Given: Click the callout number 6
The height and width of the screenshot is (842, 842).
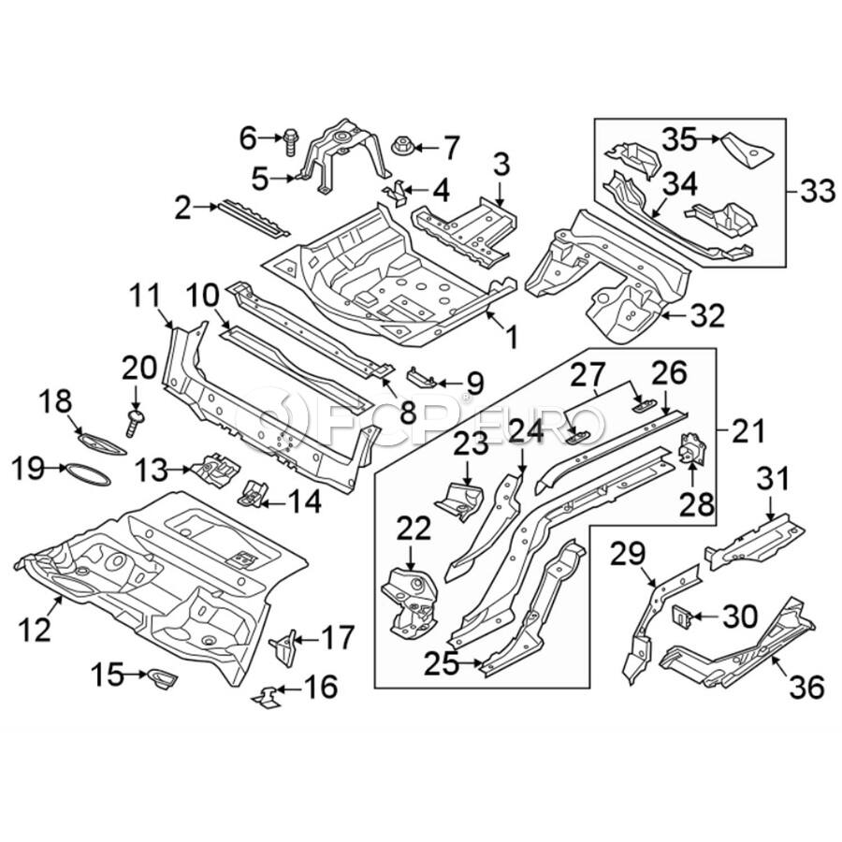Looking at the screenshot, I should (x=247, y=138).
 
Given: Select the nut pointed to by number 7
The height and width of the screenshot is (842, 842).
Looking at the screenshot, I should (x=396, y=146).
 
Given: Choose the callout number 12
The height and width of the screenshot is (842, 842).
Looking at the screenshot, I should (x=36, y=633).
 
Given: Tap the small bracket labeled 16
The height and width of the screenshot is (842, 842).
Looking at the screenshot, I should (x=268, y=696).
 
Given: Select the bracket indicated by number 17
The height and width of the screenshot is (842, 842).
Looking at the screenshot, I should (x=284, y=646).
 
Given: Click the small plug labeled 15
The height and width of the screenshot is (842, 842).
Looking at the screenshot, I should (x=159, y=677).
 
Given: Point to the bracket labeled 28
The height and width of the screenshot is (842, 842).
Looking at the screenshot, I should (x=693, y=451).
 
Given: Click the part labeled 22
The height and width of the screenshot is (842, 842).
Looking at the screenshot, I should (x=410, y=596).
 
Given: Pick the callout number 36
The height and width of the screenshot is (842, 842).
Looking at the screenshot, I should (x=807, y=690).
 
